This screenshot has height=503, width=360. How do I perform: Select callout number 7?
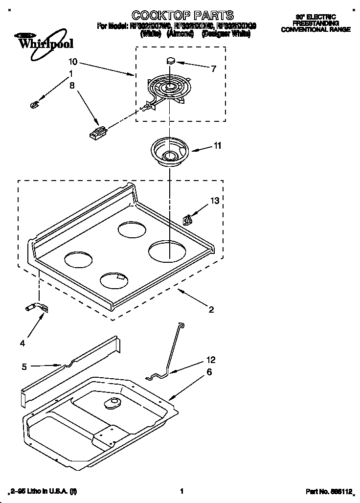click(x=213, y=69)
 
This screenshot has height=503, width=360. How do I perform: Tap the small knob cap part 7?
click(x=171, y=61)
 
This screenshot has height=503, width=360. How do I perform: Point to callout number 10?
click(x=73, y=62)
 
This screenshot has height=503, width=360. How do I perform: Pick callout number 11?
click(x=217, y=145)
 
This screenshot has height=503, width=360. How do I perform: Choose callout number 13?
click(x=215, y=201)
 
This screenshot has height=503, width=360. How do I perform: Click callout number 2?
click(x=211, y=309)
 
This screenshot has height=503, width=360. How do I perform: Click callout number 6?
click(x=209, y=372)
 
